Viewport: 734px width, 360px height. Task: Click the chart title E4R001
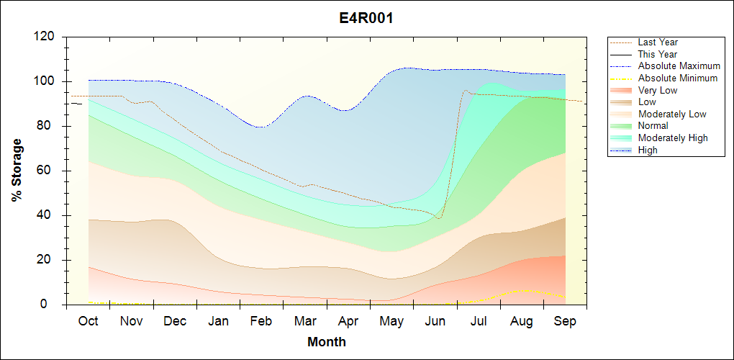pyautogui.click(x=366, y=18)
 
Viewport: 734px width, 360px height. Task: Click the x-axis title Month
pyautogui.click(x=326, y=342)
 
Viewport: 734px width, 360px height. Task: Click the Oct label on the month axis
pyautogui.click(x=89, y=321)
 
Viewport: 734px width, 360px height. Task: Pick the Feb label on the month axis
pyautogui.click(x=261, y=321)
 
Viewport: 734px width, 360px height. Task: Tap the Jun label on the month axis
pyautogui.click(x=435, y=321)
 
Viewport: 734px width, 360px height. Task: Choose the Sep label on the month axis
pyautogui.click(x=565, y=321)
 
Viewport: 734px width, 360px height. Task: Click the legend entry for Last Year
pyautogui.click(x=657, y=42)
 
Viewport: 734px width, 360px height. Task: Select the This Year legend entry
pyautogui.click(x=657, y=54)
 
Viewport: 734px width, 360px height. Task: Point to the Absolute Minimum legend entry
pyautogui.click(x=677, y=78)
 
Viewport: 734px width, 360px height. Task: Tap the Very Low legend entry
pyautogui.click(x=657, y=90)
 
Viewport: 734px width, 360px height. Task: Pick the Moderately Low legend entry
pyautogui.click(x=671, y=114)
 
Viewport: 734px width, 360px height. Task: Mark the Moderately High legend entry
pyautogui.click(x=672, y=138)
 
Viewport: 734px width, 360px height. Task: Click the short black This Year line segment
pyautogui.click(x=76, y=104)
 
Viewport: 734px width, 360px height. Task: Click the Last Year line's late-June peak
pyautogui.click(x=465, y=91)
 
